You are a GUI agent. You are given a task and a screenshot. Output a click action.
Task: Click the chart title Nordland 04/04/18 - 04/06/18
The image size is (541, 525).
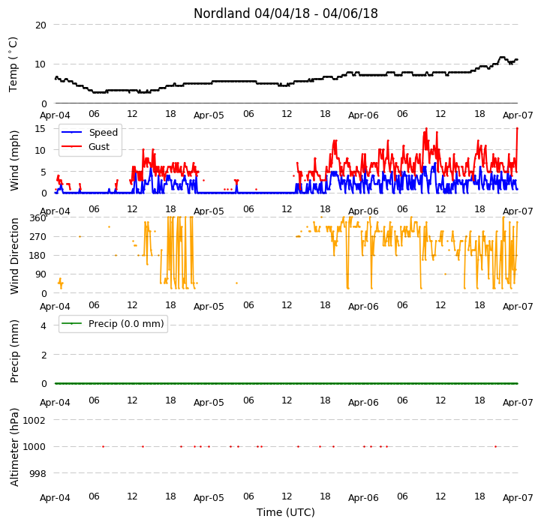tap(286, 13)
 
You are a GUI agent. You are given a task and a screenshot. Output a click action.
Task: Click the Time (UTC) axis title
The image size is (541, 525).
tap(286, 512)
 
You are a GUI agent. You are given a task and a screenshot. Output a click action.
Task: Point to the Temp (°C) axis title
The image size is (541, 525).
tap(13, 64)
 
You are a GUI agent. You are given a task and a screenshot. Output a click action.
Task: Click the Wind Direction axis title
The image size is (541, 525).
tap(14, 256)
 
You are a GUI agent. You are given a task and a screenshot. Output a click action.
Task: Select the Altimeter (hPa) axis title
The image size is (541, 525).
tap(14, 447)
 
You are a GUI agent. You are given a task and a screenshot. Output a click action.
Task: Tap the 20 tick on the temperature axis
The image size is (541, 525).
tap(41, 25)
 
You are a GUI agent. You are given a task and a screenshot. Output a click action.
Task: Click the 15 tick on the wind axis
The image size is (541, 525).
tap(41, 129)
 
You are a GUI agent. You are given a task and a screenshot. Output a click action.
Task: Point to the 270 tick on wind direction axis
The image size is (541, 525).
tap(38, 237)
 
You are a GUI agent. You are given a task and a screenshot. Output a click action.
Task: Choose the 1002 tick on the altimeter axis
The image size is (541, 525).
tap(35, 420)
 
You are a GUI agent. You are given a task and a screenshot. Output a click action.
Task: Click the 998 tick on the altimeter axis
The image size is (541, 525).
tap(38, 473)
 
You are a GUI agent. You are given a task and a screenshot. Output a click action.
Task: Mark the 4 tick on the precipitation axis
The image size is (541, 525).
tap(44, 325)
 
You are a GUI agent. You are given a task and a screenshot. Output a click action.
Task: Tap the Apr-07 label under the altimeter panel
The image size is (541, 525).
tap(518, 498)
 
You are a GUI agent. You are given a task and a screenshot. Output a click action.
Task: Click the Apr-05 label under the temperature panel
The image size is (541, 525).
tap(209, 115)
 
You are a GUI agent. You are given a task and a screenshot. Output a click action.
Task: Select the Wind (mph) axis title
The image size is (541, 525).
tap(14, 160)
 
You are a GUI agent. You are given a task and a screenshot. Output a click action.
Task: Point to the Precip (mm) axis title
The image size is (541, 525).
tap(14, 351)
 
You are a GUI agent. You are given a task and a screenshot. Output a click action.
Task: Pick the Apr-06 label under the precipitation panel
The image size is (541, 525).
tap(363, 403)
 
